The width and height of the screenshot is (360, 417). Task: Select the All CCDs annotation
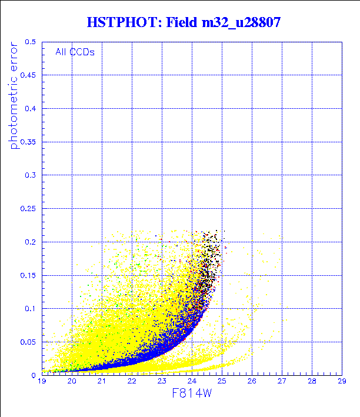75,52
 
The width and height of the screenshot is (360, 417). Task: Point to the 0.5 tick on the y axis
31,42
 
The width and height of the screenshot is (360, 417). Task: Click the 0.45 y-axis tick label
28,75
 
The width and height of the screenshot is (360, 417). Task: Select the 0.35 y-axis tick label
28,142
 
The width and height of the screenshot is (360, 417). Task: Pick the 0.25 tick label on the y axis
28,209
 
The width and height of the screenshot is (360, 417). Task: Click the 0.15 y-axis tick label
28,275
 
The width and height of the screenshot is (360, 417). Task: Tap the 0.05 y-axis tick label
28,342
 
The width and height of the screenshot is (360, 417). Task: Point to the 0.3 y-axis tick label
31,175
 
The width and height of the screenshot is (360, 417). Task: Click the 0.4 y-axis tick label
31,109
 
